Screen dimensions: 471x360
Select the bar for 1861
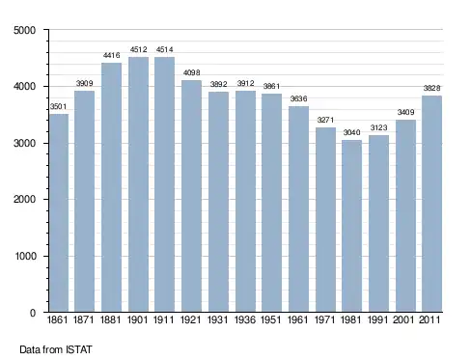[x=59, y=212]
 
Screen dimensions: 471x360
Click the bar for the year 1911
[x=164, y=184]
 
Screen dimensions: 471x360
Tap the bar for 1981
[x=351, y=226]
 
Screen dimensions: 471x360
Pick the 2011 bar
[x=431, y=204]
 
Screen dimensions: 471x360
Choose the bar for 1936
[x=245, y=202]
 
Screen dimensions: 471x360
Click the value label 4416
[x=111, y=55]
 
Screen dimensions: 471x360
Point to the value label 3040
[x=351, y=132]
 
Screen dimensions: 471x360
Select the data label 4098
[x=191, y=72]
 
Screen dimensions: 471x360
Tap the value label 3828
[x=431, y=88]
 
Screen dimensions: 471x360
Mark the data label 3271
[x=325, y=120]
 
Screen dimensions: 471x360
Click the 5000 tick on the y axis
[x=25, y=30]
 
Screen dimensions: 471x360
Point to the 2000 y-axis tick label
[x=25, y=199]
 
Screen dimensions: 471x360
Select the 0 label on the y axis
[x=33, y=313]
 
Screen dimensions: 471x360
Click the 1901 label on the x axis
[x=137, y=319]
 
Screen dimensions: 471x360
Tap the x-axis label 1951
[x=271, y=319]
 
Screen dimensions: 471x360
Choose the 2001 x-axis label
[x=404, y=319]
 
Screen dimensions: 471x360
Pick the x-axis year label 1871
[x=84, y=319]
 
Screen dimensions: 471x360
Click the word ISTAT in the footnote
[x=79, y=349]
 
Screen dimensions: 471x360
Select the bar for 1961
[x=298, y=209]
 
